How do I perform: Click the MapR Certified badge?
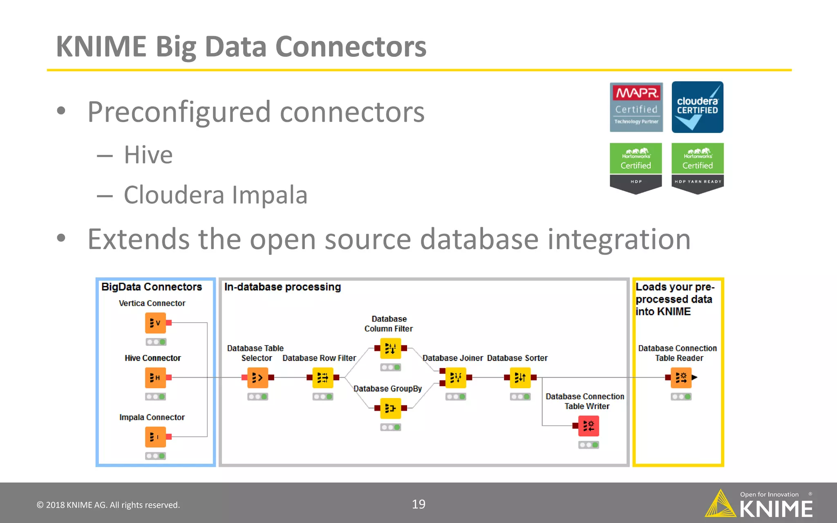pos(636,107)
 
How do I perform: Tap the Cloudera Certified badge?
pos(697,107)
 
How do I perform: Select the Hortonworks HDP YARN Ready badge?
pos(697,168)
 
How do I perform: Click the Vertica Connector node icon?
pos(155,323)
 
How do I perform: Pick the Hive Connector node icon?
pos(155,378)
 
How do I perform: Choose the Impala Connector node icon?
pos(155,437)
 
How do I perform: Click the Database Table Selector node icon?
pos(257,378)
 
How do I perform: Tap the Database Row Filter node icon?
pos(322,378)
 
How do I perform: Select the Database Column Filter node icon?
pos(390,348)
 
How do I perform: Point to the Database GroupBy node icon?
pos(390,408)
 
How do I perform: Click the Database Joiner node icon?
pos(455,378)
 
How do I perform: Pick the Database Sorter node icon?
pos(520,378)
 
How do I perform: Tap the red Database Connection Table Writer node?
pos(589,426)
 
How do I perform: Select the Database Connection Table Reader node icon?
pos(681,378)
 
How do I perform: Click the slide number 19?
pos(418,504)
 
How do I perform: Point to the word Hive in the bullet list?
pos(148,155)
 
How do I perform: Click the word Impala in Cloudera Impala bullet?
pos(269,195)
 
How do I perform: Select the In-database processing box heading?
pos(282,287)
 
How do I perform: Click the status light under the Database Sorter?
pos(520,397)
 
